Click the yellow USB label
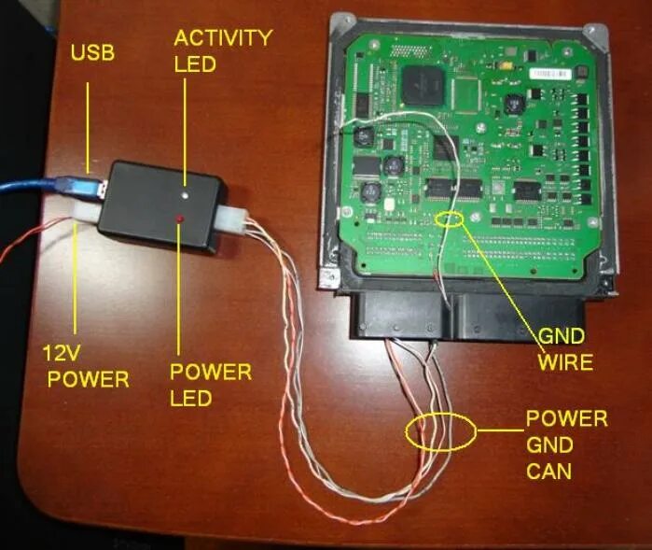(x=92, y=52)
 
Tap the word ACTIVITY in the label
(x=223, y=38)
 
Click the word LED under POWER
(x=190, y=399)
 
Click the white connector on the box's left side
(x=89, y=214)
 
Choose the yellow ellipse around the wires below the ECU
(x=440, y=432)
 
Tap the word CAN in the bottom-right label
(x=549, y=470)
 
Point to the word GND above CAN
(x=548, y=444)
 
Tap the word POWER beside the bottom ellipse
(x=566, y=418)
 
